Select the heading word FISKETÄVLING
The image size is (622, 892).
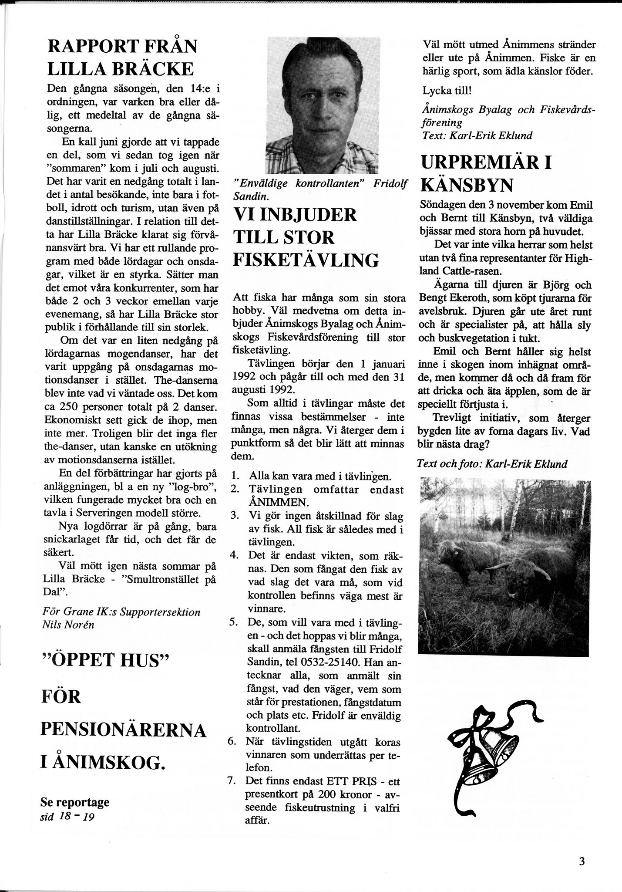pyautogui.click(x=306, y=260)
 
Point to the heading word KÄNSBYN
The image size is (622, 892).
pyautogui.click(x=467, y=185)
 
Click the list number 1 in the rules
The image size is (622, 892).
pyautogui.click(x=235, y=476)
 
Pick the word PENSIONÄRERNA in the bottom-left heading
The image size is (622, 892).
pyautogui.click(x=123, y=730)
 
